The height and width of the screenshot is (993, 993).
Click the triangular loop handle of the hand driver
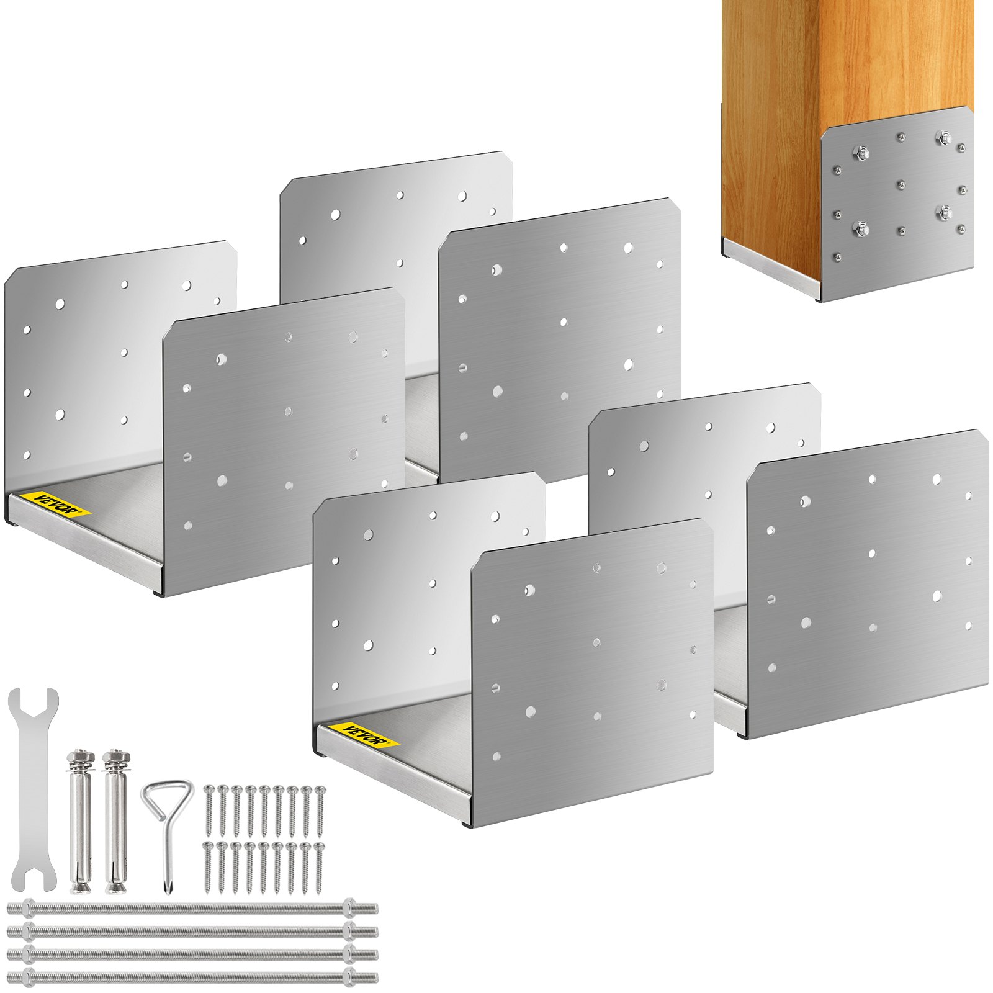[x=166, y=798]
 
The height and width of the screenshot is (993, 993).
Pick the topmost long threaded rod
[x=192, y=909]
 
